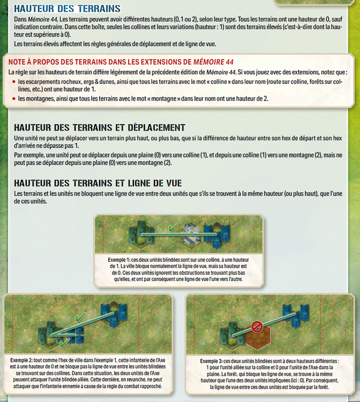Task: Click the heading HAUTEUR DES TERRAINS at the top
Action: click(67, 9)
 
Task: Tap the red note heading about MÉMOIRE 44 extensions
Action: click(121, 62)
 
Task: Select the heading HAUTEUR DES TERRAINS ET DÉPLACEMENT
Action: click(100, 128)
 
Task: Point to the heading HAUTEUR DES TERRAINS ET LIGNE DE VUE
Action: click(98, 183)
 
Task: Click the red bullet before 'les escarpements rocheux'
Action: click(14, 82)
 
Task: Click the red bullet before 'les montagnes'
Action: click(14, 98)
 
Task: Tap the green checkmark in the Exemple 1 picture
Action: click(173, 227)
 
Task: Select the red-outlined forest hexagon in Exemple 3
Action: click(257, 337)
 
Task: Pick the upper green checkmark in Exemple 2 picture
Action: click(80, 317)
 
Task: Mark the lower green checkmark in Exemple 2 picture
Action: click(64, 342)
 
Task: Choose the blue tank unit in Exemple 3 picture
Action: click(296, 316)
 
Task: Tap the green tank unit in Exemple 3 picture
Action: click(232, 333)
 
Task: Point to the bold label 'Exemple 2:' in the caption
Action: click(22, 360)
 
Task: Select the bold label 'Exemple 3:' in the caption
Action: click(212, 361)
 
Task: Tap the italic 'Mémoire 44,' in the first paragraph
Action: click(43, 20)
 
